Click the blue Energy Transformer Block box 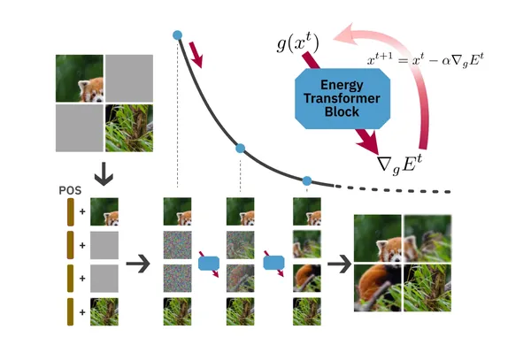click(x=342, y=98)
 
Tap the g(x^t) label click(x=297, y=43)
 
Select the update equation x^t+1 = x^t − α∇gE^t click(x=426, y=60)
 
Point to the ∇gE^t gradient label click(x=400, y=165)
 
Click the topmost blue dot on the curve click(x=177, y=35)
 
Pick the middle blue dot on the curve click(x=240, y=149)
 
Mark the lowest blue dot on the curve click(x=307, y=180)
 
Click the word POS click(x=70, y=190)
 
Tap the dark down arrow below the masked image click(x=104, y=174)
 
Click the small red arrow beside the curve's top click(x=196, y=55)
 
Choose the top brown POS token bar click(x=71, y=212)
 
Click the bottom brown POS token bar click(x=71, y=311)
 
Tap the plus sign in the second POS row click(x=82, y=245)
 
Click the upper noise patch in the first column click(x=178, y=245)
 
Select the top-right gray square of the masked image click(x=129, y=78)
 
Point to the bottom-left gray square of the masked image click(x=80, y=128)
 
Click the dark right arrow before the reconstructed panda click(x=340, y=264)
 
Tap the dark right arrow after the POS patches click(x=138, y=263)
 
